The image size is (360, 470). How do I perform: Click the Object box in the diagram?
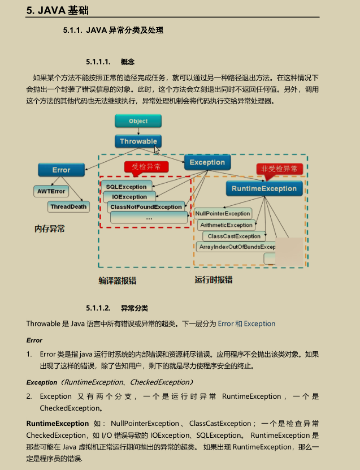click(x=138, y=121)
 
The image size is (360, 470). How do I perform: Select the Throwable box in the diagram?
click(x=138, y=141)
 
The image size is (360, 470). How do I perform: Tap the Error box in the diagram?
click(x=61, y=170)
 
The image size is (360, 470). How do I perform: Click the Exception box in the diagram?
click(x=207, y=162)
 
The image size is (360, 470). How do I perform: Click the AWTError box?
click(x=51, y=192)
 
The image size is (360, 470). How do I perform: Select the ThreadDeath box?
click(x=69, y=207)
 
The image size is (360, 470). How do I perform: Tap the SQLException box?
click(x=126, y=187)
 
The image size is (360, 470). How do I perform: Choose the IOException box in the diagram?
click(x=129, y=197)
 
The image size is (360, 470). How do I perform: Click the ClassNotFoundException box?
click(x=146, y=207)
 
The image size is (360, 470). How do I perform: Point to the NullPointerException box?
click(x=223, y=214)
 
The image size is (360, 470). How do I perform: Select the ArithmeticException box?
click(x=226, y=225)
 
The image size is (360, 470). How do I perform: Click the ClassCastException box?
click(x=234, y=236)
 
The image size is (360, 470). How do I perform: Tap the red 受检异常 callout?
click(x=146, y=166)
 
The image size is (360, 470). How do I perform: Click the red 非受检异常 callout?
click(x=279, y=169)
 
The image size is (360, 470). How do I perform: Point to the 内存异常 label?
click(x=50, y=228)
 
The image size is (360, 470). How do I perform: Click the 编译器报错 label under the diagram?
click(x=118, y=281)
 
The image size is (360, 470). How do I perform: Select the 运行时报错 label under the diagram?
click(x=213, y=280)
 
